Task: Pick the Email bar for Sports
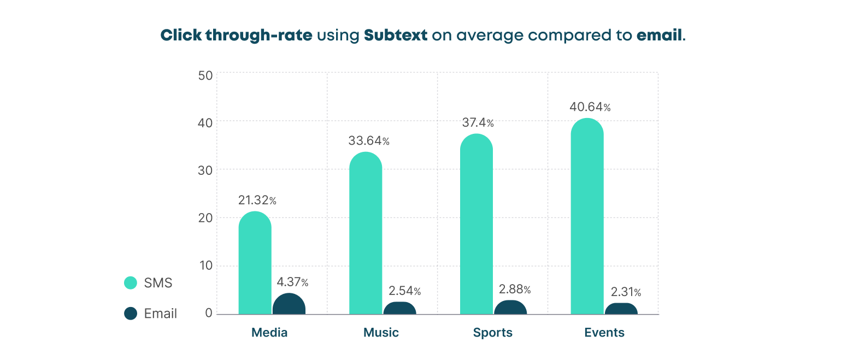point(510,308)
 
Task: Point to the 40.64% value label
point(590,107)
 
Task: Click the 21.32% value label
point(257,200)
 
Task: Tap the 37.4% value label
point(478,123)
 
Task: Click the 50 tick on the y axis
point(205,75)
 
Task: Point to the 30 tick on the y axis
point(205,170)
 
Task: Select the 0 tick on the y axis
point(209,313)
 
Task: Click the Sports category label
point(493,333)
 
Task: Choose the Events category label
point(604,333)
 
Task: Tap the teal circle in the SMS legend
point(131,282)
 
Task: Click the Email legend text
point(161,314)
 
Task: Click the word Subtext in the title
point(396,36)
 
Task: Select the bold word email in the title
point(659,36)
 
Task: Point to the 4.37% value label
point(292,282)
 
